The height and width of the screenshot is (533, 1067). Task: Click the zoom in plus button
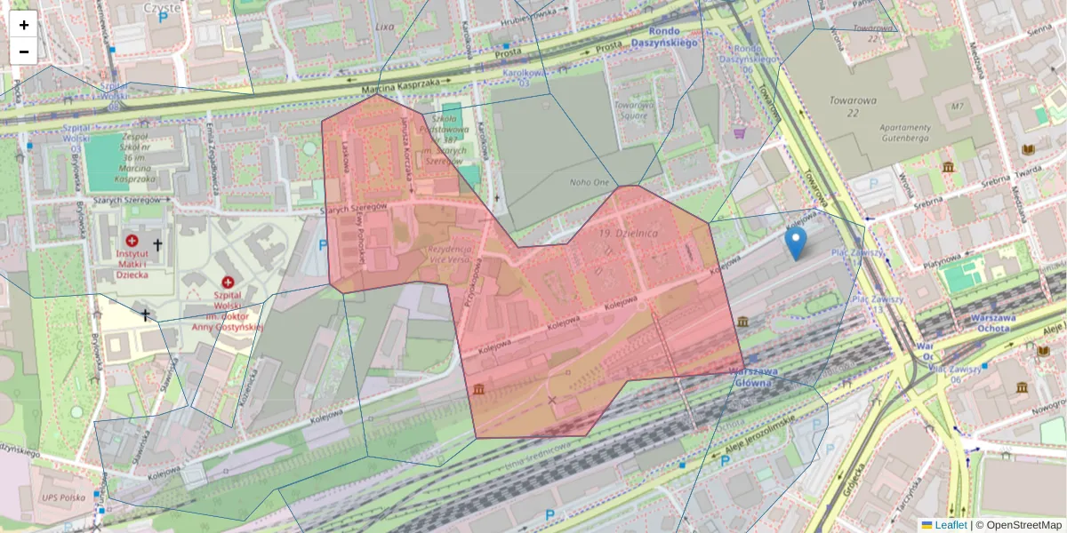24,25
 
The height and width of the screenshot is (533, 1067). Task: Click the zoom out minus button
24,52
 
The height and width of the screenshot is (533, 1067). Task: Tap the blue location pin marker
796,242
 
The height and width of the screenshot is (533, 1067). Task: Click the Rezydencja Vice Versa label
447,255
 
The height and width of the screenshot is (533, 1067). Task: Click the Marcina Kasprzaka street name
401,88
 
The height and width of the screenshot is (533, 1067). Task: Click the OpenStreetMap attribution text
1023,525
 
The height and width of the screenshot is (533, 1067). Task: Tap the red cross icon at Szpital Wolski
228,282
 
